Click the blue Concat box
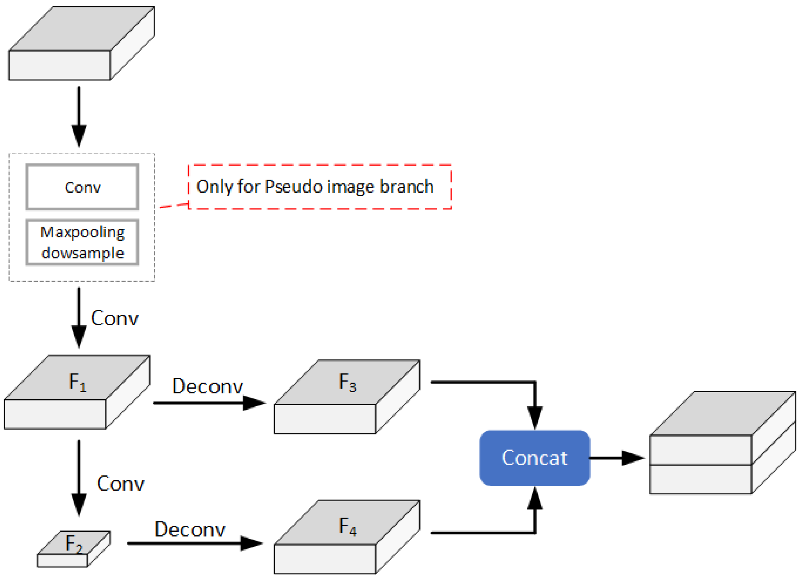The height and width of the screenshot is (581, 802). (x=534, y=458)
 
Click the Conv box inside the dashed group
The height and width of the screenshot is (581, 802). (x=82, y=187)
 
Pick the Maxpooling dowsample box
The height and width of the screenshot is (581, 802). (x=82, y=242)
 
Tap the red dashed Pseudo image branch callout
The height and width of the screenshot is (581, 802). (x=320, y=187)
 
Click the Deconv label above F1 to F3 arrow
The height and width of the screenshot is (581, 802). (x=207, y=386)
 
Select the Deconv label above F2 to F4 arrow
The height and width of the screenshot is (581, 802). (x=190, y=529)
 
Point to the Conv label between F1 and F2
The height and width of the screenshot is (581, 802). (x=120, y=483)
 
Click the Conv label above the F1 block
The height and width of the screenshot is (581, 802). (x=115, y=318)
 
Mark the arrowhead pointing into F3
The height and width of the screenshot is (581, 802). (x=254, y=403)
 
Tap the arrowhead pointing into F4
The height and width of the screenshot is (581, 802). (x=251, y=543)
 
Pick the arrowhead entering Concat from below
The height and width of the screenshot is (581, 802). (x=535, y=498)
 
